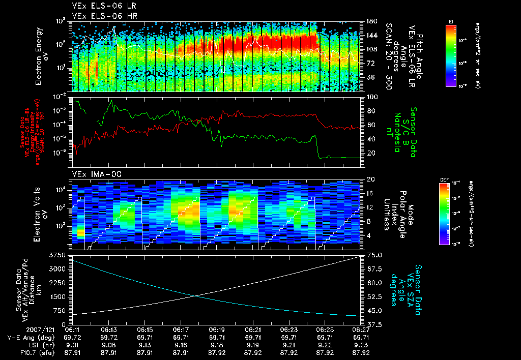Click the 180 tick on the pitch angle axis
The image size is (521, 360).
pyautogui.click(x=371, y=21)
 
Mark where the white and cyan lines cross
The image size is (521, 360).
pyautogui.click(x=196, y=296)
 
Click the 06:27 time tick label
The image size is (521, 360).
pyautogui.click(x=360, y=330)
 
